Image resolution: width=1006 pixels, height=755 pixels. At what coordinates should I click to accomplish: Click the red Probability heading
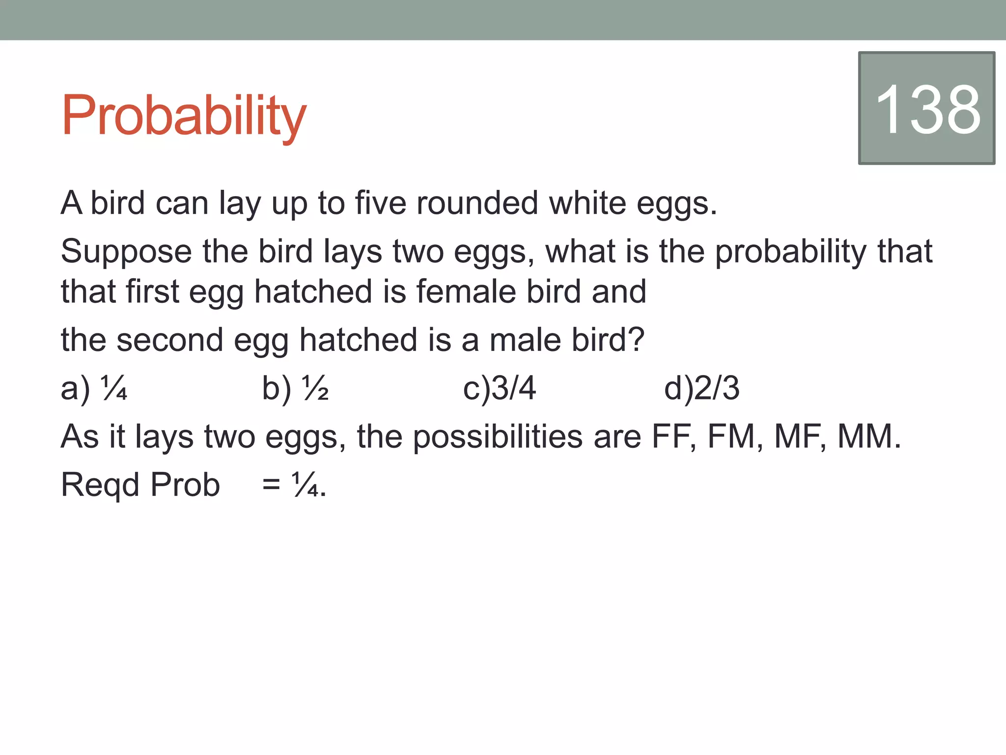pyautogui.click(x=183, y=116)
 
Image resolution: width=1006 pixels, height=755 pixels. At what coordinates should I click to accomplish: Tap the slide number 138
pyautogui.click(x=927, y=109)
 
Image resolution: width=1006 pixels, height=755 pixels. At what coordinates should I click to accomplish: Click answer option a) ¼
pyautogui.click(x=93, y=388)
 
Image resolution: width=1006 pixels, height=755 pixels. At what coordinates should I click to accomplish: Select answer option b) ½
pyautogui.click(x=295, y=388)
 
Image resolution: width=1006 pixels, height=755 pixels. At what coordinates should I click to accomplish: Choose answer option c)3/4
pyautogui.click(x=499, y=388)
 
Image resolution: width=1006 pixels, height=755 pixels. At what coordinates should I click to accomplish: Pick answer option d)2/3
pyautogui.click(x=701, y=388)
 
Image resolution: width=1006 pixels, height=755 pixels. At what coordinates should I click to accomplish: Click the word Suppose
pyautogui.click(x=126, y=252)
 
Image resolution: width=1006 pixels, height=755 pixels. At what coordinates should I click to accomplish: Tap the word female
pyautogui.click(x=466, y=291)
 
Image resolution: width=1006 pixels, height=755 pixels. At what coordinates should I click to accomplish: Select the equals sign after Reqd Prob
pyautogui.click(x=271, y=485)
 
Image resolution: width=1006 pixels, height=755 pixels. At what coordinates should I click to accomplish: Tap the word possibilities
pyautogui.click(x=497, y=437)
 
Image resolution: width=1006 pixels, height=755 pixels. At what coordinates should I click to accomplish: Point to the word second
pyautogui.click(x=169, y=340)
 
